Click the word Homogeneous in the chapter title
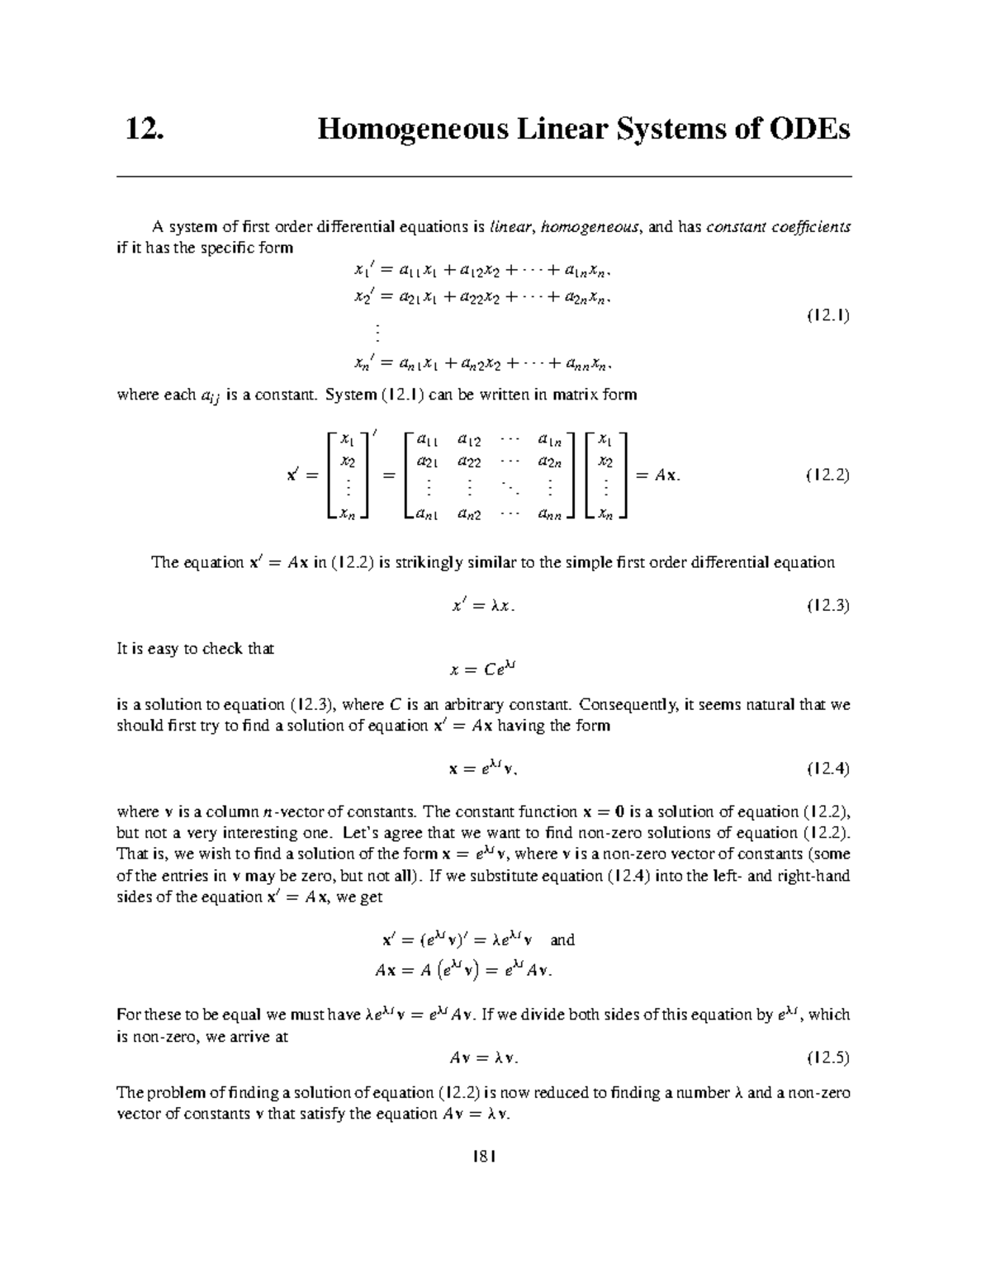pyautogui.click(x=404, y=130)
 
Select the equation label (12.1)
pyautogui.click(x=827, y=315)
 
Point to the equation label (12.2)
pyautogui.click(x=827, y=476)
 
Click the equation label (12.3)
pyautogui.click(x=827, y=605)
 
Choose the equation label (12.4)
pyautogui.click(x=827, y=769)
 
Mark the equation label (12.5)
pyautogui.click(x=827, y=1057)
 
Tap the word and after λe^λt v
pyautogui.click(x=562, y=940)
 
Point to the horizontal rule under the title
pyautogui.click(x=484, y=177)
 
